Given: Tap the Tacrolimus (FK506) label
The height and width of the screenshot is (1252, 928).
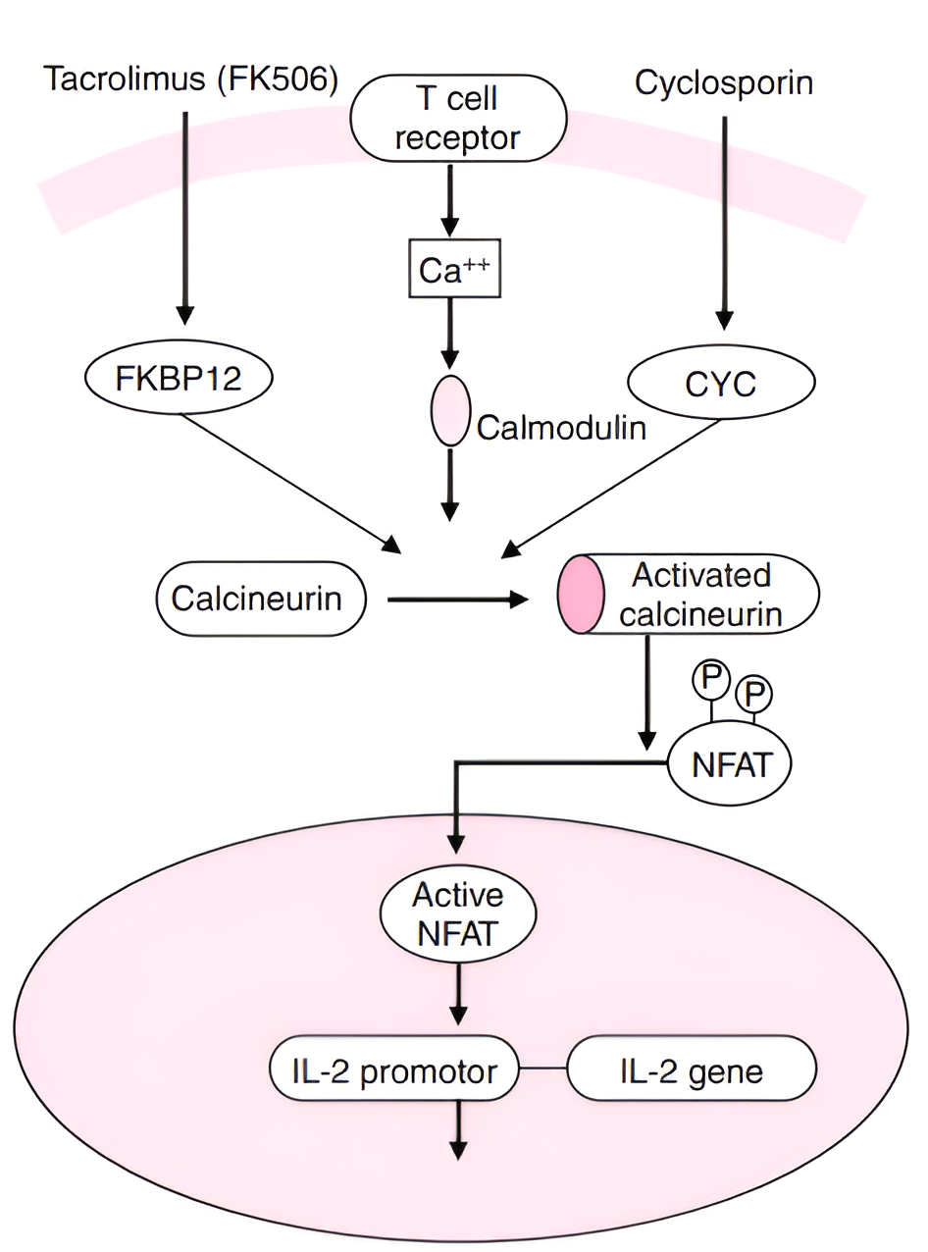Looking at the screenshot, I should click(x=191, y=80).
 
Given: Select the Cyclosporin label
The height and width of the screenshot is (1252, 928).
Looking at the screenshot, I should click(x=724, y=82).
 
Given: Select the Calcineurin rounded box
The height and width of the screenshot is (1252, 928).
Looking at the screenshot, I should click(x=260, y=598).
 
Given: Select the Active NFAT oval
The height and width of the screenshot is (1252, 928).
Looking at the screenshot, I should click(x=458, y=913).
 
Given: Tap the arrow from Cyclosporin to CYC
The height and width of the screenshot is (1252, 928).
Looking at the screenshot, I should click(x=724, y=221).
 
